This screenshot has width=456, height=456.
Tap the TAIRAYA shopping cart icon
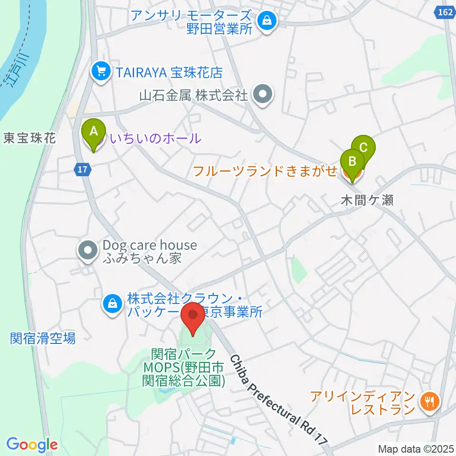[x=100, y=72]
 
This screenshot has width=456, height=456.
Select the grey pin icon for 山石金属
[x=262, y=95]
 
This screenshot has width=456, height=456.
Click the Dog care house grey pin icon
[x=87, y=252]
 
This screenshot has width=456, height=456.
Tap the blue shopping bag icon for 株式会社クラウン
[x=113, y=304]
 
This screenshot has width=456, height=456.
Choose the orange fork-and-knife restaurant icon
[x=429, y=403]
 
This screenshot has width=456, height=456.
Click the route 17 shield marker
[x=83, y=169]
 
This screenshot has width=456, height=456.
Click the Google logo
[x=32, y=445]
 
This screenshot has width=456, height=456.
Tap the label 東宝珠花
[x=29, y=138]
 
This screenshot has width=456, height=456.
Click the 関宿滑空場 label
[x=42, y=338]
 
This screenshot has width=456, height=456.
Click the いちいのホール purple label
[x=155, y=139]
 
